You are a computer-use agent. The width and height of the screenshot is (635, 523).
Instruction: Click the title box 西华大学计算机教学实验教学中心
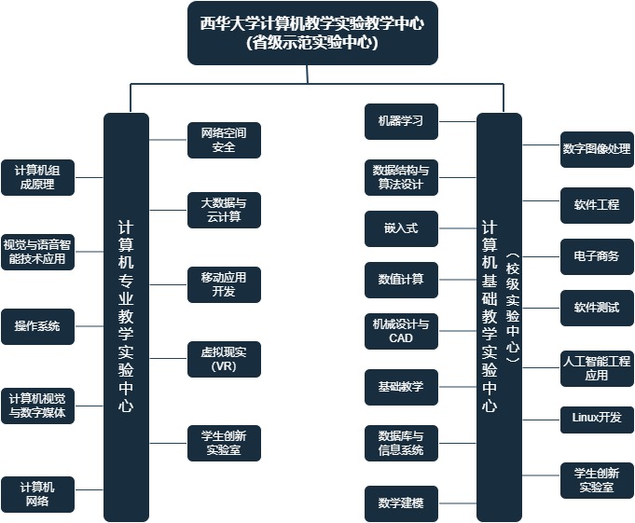tap(312, 33)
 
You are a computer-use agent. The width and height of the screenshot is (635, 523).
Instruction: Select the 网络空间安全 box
tap(224, 140)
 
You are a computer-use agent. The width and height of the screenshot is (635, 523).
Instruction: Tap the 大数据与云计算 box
tap(224, 210)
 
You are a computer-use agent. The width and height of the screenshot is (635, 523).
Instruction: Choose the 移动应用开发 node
tap(224, 284)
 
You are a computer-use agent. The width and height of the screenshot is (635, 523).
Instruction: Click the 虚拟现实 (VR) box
tap(224, 359)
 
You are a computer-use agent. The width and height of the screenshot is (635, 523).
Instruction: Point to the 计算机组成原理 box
tap(37, 177)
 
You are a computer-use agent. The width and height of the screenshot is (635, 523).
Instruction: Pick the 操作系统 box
tap(37, 326)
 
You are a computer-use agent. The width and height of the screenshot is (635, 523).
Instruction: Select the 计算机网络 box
tap(37, 494)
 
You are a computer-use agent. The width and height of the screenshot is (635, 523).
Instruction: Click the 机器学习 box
tap(401, 121)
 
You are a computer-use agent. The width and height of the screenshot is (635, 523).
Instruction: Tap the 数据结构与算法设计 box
tap(401, 177)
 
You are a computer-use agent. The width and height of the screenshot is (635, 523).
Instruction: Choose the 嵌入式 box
tap(401, 228)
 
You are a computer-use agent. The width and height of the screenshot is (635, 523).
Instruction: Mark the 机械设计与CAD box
tap(401, 331)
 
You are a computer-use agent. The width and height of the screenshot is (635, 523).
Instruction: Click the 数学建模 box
tap(401, 503)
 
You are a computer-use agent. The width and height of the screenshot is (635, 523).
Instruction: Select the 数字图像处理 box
tap(597, 149)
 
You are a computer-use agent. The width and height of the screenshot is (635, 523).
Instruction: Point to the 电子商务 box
tap(597, 256)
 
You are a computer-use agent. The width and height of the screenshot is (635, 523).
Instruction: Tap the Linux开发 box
tap(597, 419)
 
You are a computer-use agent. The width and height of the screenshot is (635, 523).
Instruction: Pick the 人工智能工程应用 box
tap(597, 368)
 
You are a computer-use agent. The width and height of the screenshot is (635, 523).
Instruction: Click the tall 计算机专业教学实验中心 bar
tap(126, 317)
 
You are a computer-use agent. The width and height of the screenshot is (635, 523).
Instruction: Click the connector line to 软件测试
tap(541, 308)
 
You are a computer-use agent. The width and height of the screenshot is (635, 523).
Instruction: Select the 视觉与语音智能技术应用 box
tap(37, 252)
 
